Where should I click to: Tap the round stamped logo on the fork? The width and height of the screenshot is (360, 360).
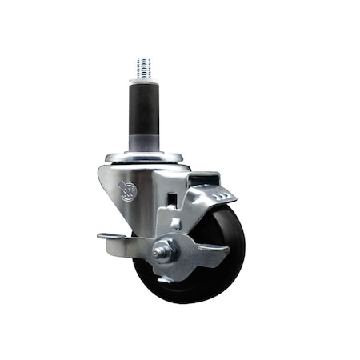pos(126,190)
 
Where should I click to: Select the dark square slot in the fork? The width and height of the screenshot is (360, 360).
pos(171,197)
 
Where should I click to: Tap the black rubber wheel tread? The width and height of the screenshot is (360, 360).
pos(232,240)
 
